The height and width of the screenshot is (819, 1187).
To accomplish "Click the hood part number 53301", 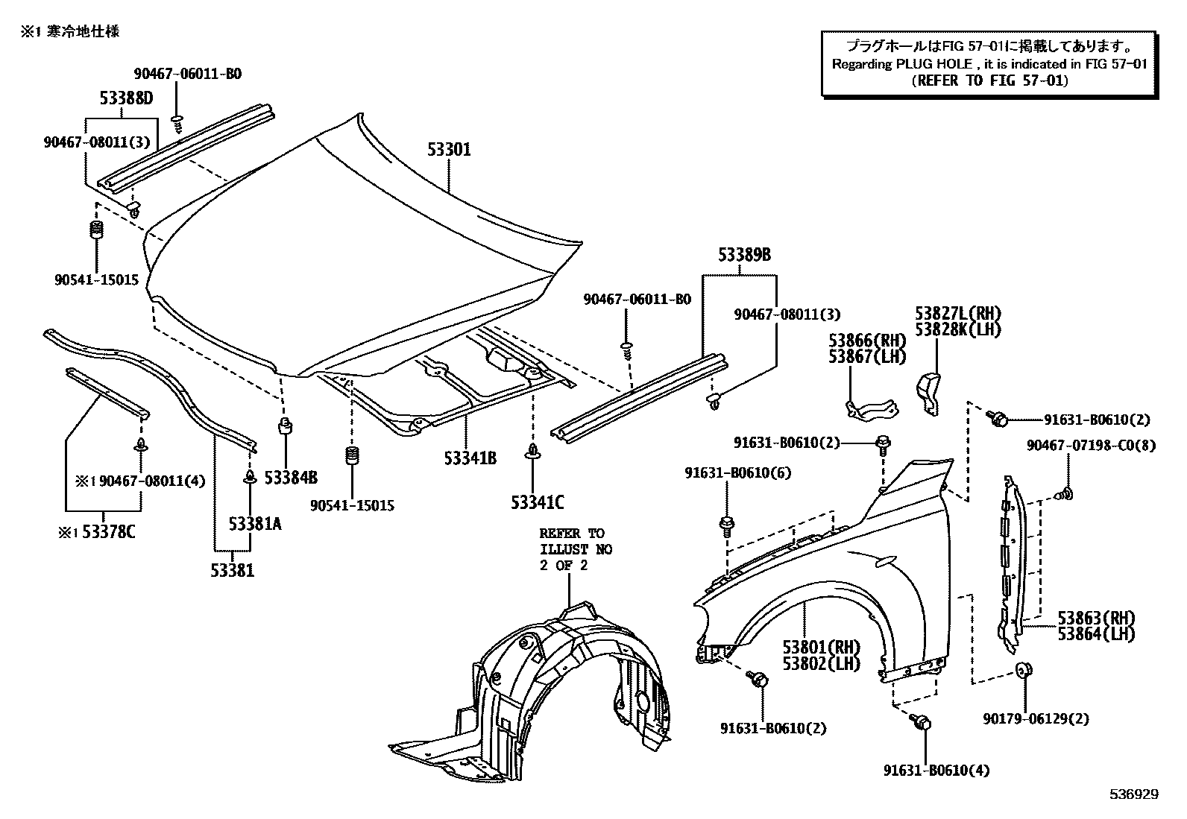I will pos(449,150).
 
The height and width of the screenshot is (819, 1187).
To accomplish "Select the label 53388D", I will pos(126,98).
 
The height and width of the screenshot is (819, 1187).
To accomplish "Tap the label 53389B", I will pos(744,255).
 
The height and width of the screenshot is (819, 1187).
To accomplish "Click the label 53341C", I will pos(537,502).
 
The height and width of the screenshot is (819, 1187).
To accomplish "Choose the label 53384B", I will pos(291,477).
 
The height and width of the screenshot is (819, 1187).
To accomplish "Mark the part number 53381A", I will pos(255,524).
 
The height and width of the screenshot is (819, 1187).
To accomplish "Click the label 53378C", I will pos(108,532).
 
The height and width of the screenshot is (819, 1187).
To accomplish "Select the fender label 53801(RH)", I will pos(822,647).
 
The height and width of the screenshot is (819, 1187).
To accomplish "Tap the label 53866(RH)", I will pos(867,341).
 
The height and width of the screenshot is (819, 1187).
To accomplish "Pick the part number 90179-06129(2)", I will pos(1035,718).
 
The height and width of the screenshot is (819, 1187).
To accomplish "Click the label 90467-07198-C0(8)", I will pos(1091,445).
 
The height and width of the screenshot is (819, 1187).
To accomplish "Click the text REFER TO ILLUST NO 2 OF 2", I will pos(576,549).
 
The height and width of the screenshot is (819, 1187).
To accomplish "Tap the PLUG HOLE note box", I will pos(989,63).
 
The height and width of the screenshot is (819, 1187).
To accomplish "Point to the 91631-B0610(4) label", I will pos(936,771).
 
